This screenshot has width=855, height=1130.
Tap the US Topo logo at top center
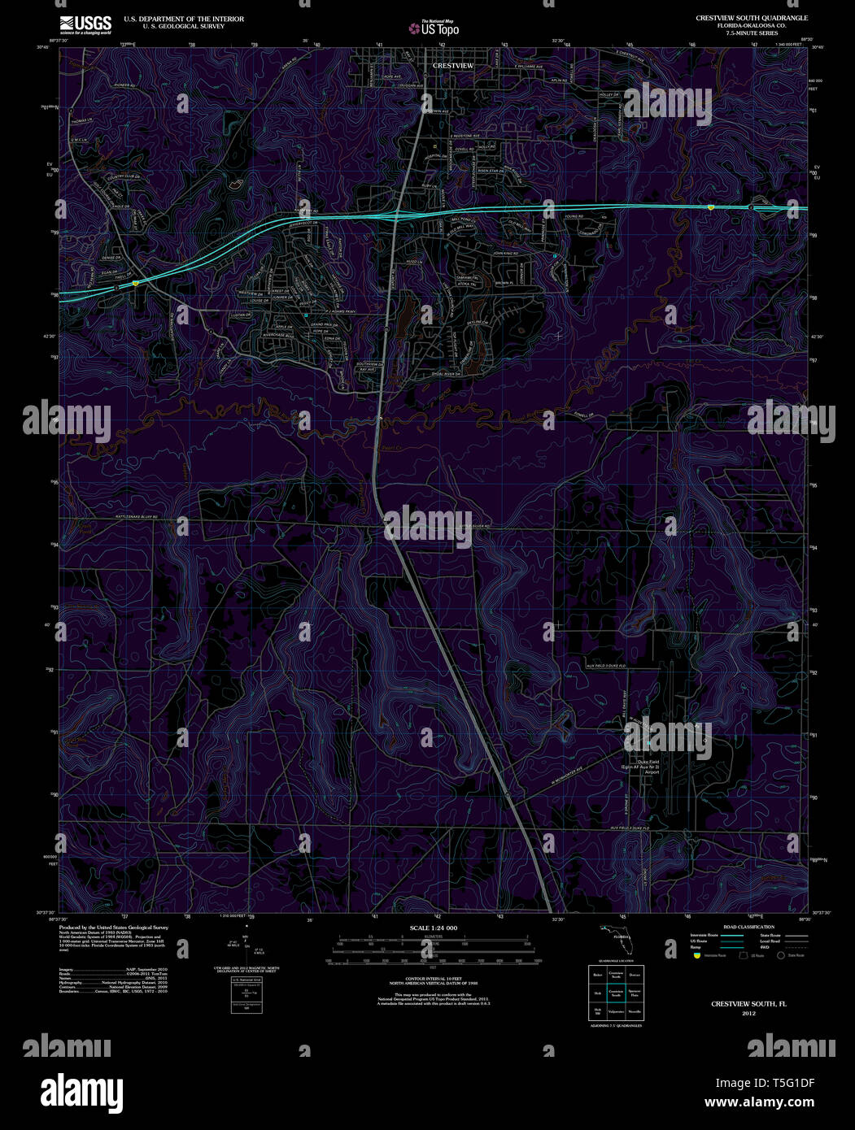[x=435, y=28]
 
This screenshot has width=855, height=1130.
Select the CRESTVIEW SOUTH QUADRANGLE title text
[x=752, y=18]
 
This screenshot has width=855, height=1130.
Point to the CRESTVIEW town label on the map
[x=453, y=65]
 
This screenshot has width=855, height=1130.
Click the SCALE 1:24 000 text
[x=434, y=928]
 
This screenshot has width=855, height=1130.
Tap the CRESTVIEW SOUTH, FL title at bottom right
[x=748, y=1005]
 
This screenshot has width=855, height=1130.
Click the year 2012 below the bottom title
[x=748, y=1014]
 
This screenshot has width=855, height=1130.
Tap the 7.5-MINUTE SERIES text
[x=752, y=33]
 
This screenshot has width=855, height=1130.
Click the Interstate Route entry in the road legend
[x=708, y=937]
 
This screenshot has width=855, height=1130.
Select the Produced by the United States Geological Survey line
[x=114, y=927]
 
